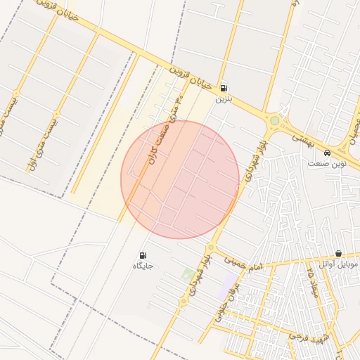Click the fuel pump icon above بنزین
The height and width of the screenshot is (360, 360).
[x=224, y=89]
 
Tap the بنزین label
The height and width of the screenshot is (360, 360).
[x=223, y=99]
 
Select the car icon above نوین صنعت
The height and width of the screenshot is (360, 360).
[x=327, y=153]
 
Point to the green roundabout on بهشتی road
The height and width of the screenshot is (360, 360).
[x=274, y=121]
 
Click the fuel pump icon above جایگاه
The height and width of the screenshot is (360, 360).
[x=143, y=255]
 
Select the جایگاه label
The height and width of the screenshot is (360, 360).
[x=143, y=266]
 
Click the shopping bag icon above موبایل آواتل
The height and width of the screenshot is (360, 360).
[x=338, y=253]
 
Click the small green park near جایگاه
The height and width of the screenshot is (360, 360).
[x=187, y=274]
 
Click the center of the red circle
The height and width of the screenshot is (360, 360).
[x=180, y=179]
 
